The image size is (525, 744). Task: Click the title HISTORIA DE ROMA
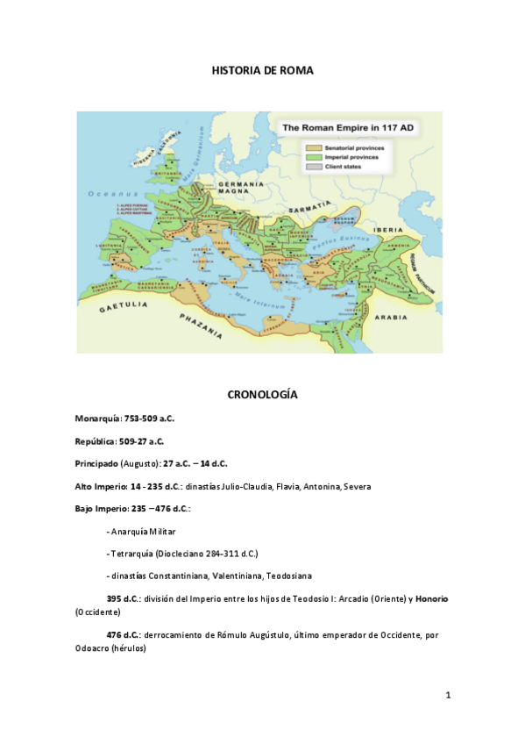pyautogui.click(x=262, y=69)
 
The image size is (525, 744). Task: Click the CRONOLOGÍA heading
pyautogui.click(x=262, y=395)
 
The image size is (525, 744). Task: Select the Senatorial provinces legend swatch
pyautogui.click(x=313, y=147)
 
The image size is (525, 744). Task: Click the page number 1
pyautogui.click(x=448, y=696)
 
